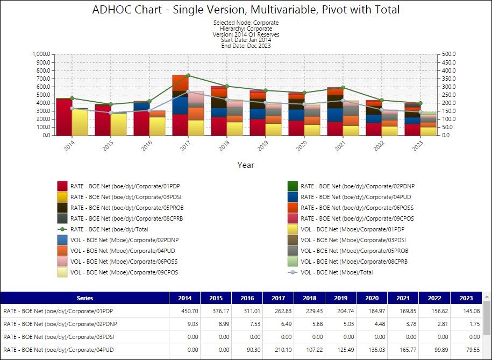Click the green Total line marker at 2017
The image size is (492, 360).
[188, 75]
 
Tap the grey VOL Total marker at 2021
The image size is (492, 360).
[343, 101]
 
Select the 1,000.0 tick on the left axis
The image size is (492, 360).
[41, 54]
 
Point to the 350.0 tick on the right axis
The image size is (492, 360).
[448, 79]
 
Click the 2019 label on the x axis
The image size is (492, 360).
[262, 146]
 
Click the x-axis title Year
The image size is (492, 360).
[246, 165]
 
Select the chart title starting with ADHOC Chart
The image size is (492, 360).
[246, 10]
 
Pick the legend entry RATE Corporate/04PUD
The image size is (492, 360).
[356, 197]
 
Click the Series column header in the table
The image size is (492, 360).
[85, 298]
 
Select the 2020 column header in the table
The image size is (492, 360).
[372, 298]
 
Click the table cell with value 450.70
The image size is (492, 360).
[189, 311]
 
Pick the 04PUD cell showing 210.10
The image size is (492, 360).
[283, 350]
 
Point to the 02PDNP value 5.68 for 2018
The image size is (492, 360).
[318, 324]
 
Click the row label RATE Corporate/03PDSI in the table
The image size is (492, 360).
[59, 337]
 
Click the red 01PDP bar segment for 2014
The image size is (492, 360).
[65, 117]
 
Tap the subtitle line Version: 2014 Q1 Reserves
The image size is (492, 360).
[246, 34]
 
